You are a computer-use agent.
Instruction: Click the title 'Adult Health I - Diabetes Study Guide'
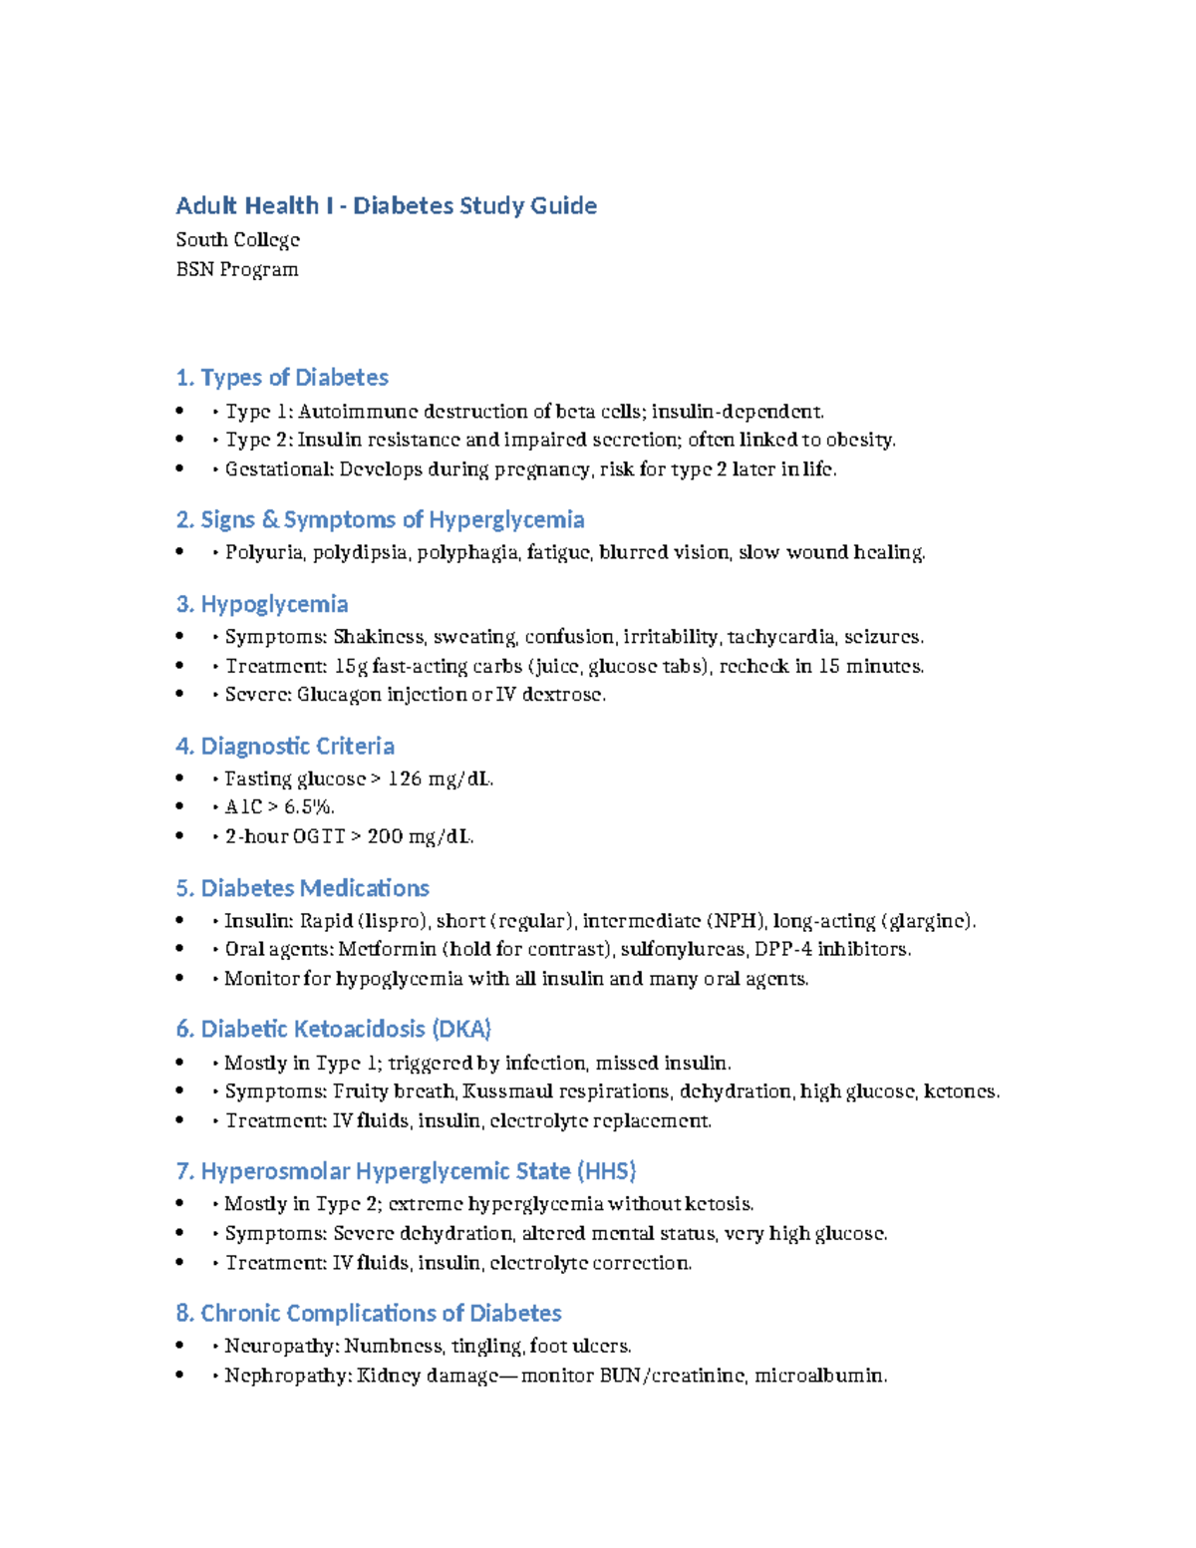pyautogui.click(x=386, y=206)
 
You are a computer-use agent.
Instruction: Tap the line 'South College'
pyautogui.click(x=237, y=240)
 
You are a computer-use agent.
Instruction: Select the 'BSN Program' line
pyautogui.click(x=236, y=269)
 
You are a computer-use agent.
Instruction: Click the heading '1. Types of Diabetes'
pyautogui.click(x=281, y=378)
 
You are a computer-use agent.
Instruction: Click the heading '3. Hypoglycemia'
pyautogui.click(x=261, y=604)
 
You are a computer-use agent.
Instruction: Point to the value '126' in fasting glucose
pyautogui.click(x=404, y=778)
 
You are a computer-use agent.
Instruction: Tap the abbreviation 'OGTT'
pyautogui.click(x=319, y=836)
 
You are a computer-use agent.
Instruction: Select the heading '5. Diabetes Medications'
pyautogui.click(x=302, y=888)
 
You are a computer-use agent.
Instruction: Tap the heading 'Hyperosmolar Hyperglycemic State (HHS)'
pyautogui.click(x=406, y=1171)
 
